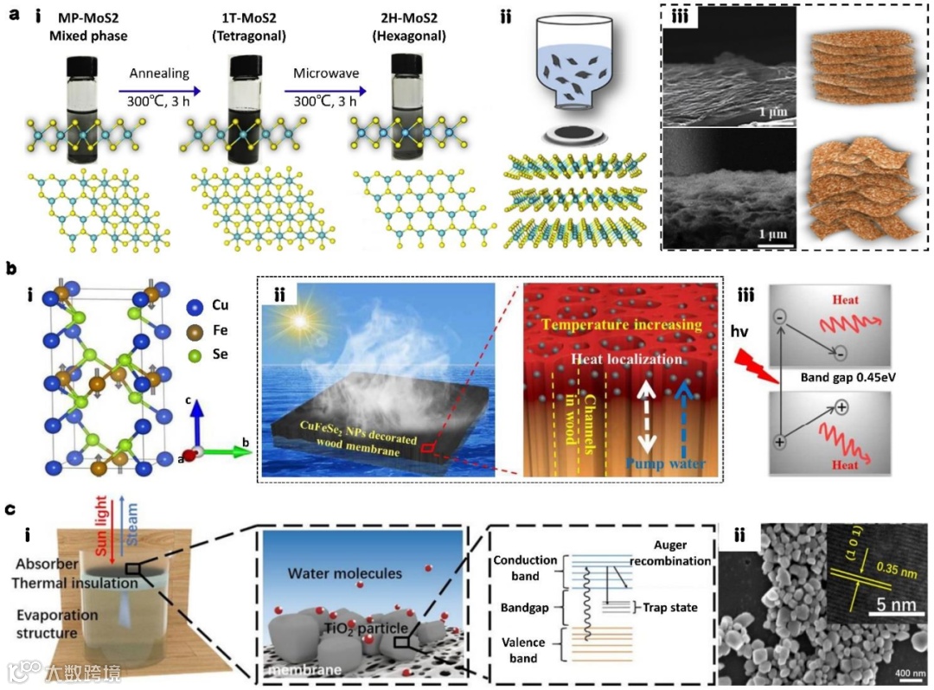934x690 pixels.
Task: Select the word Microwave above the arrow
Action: coord(318,73)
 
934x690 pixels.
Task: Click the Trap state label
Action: coord(671,607)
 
